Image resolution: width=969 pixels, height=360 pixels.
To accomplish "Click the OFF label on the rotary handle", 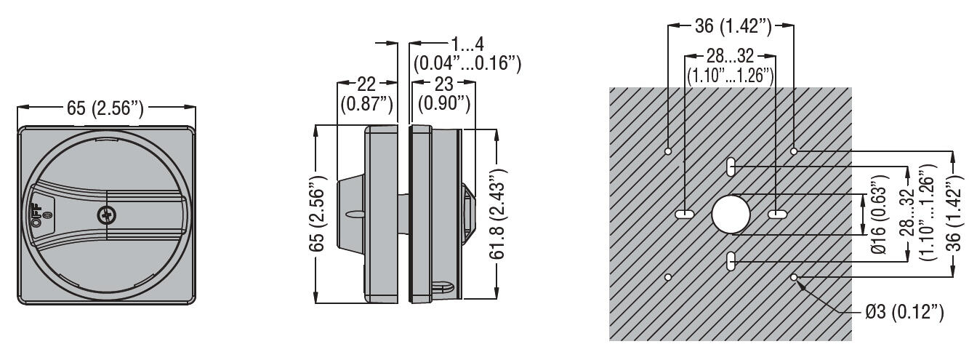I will tap(36, 215).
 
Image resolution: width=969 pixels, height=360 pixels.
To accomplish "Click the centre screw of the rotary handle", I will tap(106, 215).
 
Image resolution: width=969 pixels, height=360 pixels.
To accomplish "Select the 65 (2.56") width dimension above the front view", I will tap(105, 109).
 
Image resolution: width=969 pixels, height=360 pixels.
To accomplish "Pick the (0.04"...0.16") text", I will tap(467, 64).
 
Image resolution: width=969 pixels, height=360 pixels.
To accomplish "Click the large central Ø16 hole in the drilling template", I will tap(730, 215).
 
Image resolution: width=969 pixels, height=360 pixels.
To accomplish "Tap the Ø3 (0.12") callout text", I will tap(906, 313).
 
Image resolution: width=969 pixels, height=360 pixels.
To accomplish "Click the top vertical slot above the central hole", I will tap(730, 167).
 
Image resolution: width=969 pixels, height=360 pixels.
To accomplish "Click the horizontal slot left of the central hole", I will tap(685, 215).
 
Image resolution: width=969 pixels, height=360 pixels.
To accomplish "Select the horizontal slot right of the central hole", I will tap(776, 215).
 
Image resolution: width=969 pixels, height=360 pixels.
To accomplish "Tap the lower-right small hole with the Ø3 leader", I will tap(794, 277).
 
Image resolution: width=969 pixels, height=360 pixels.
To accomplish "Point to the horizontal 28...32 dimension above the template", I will tap(730, 57).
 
